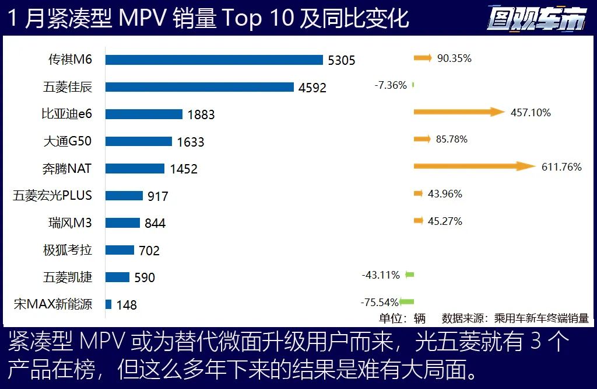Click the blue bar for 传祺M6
pyautogui.click(x=214, y=60)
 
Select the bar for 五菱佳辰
pyautogui.click(x=199, y=87)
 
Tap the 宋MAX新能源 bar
pyautogui.click(x=108, y=304)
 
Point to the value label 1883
pyautogui.click(x=201, y=114)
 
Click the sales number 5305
pyautogui.click(x=341, y=60)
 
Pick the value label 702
pyautogui.click(x=149, y=251)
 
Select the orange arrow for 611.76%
pyautogui.click(x=474, y=166)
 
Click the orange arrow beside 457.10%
pyautogui.click(x=458, y=112)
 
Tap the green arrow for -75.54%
pyautogui.click(x=407, y=302)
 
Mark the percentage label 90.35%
pyautogui.click(x=454, y=58)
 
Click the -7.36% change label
pyautogui.click(x=391, y=85)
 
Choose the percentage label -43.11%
pyautogui.click(x=381, y=275)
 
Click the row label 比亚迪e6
pyautogui.click(x=66, y=114)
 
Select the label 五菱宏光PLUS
pyautogui.click(x=52, y=195)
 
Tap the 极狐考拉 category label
pyautogui.click(x=68, y=250)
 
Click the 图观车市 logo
pyautogui.click(x=536, y=19)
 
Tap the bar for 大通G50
pyautogui.click(x=139, y=141)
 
